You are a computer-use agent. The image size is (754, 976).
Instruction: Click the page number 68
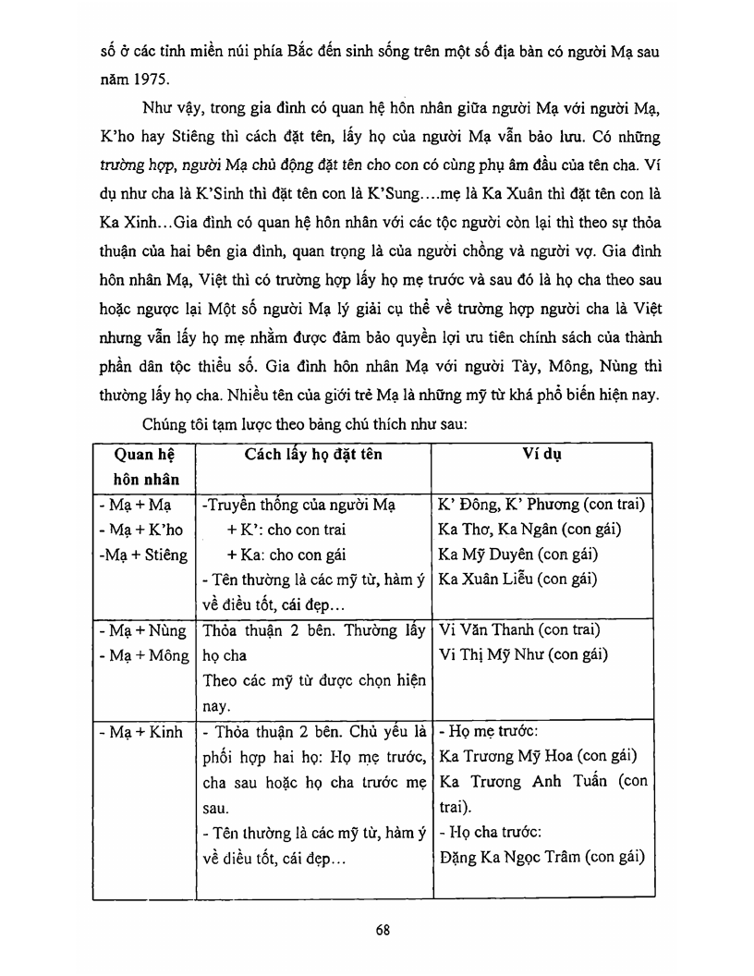[383, 930]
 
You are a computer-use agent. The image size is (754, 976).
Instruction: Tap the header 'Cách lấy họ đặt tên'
[313, 456]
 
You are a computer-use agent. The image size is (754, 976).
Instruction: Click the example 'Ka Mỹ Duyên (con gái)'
[517, 555]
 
